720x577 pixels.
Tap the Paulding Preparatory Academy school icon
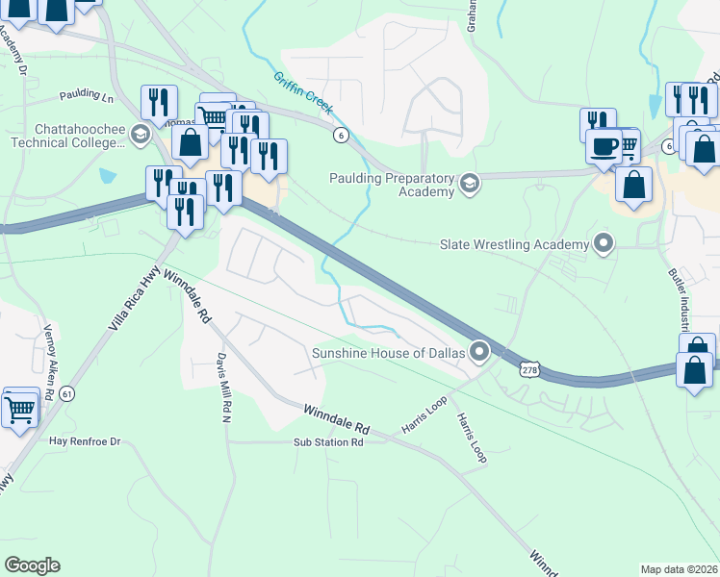tap(470, 183)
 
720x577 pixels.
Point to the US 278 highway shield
tap(529, 369)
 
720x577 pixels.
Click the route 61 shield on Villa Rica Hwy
tap(66, 393)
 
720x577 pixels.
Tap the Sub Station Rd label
tap(329, 443)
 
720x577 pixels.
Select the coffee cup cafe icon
tap(604, 146)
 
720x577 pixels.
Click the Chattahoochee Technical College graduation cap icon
tap(141, 133)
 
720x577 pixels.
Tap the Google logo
tap(33, 565)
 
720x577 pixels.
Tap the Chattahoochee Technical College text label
tap(67, 136)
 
